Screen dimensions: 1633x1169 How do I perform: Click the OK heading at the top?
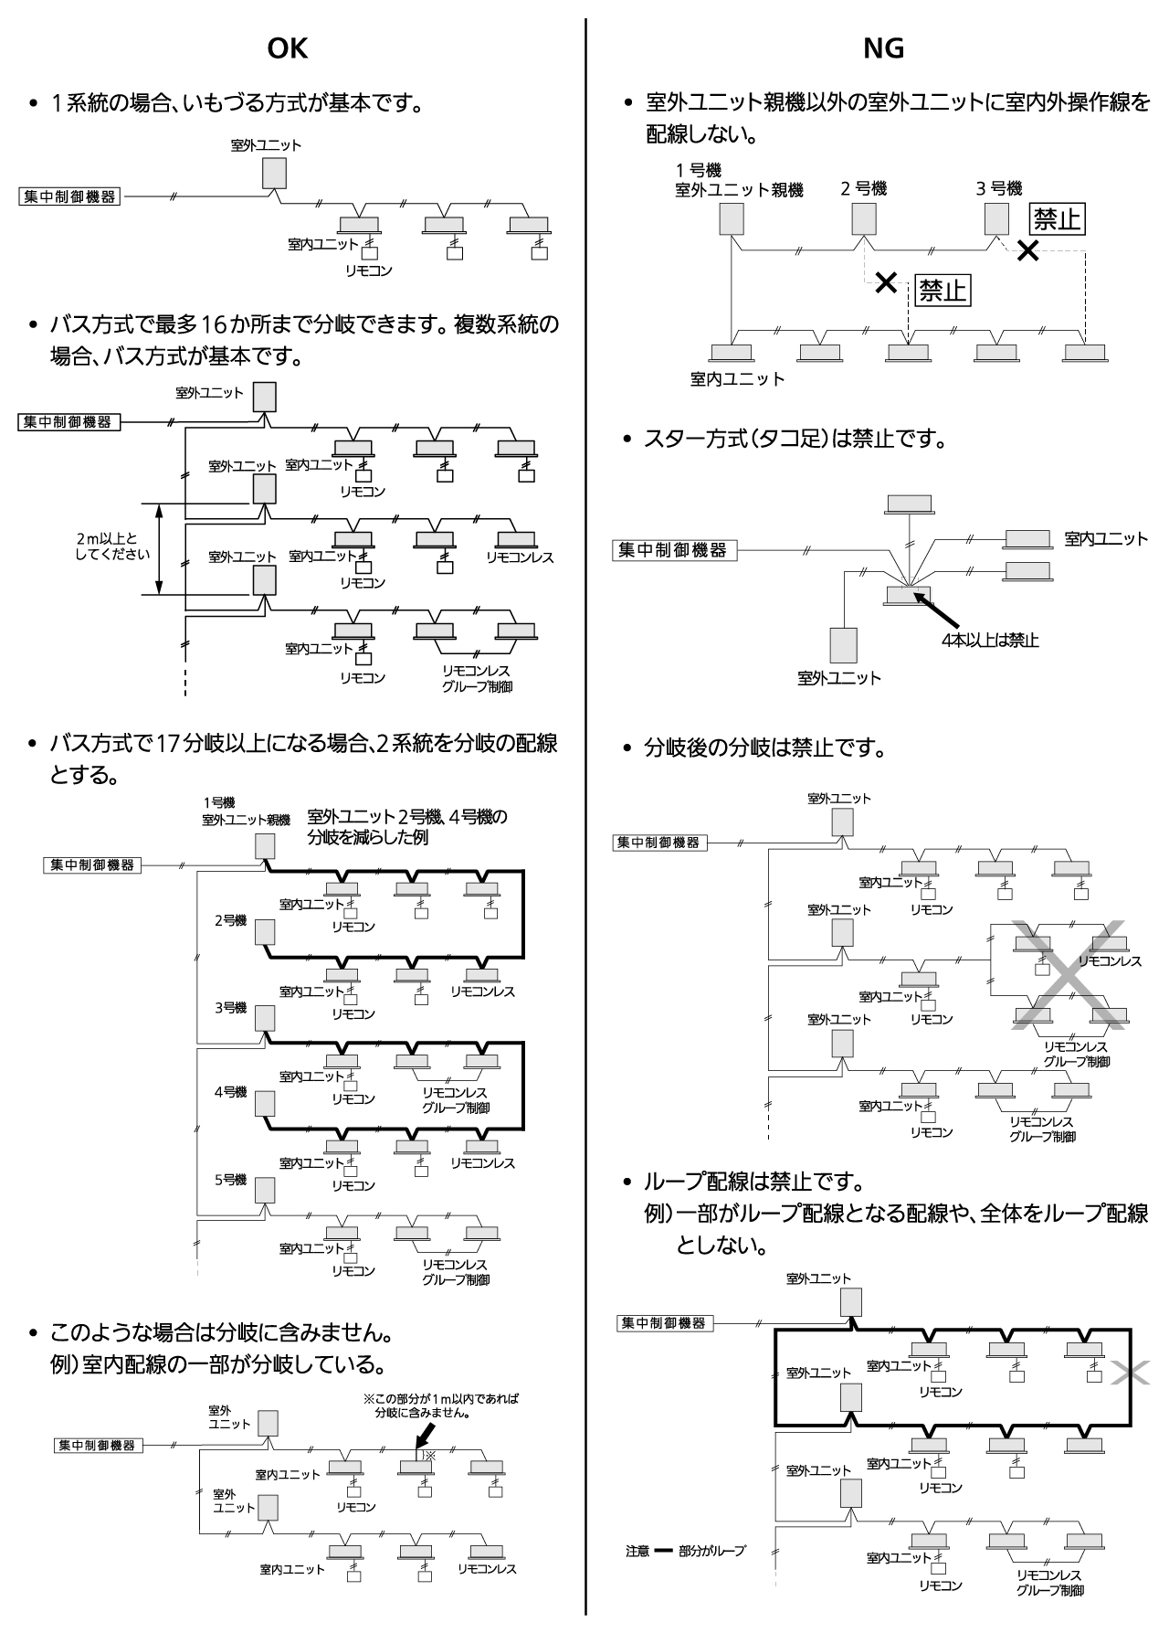(x=287, y=49)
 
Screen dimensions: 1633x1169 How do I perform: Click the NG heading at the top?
(x=883, y=49)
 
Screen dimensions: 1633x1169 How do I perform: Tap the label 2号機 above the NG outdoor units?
(x=863, y=189)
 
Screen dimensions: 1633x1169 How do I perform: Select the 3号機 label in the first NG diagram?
(x=998, y=189)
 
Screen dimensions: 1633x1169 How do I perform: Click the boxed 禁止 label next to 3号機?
(x=1057, y=219)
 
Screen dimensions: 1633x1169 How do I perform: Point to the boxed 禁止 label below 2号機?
(x=942, y=291)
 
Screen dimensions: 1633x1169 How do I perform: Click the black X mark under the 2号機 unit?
(x=884, y=282)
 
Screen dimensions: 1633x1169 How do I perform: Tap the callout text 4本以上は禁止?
(x=990, y=640)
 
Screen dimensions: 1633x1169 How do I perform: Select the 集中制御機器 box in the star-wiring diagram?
(x=673, y=550)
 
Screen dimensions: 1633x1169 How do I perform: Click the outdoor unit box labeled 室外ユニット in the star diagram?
(x=842, y=644)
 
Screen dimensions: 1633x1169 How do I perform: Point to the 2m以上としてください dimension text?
(x=107, y=546)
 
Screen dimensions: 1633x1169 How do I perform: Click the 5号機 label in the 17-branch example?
(x=230, y=1180)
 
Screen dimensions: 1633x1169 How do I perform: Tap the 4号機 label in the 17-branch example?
(x=230, y=1092)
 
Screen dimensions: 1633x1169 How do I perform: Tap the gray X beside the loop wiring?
(x=1130, y=1373)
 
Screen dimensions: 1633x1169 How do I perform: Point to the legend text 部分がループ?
(x=711, y=1551)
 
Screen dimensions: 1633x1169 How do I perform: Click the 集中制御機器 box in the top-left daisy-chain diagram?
(x=69, y=196)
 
